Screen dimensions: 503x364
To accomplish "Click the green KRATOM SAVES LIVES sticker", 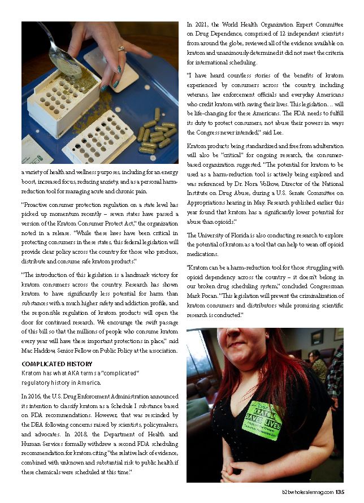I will tap(262, 419).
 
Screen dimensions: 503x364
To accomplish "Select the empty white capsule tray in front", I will tap(101, 138).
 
